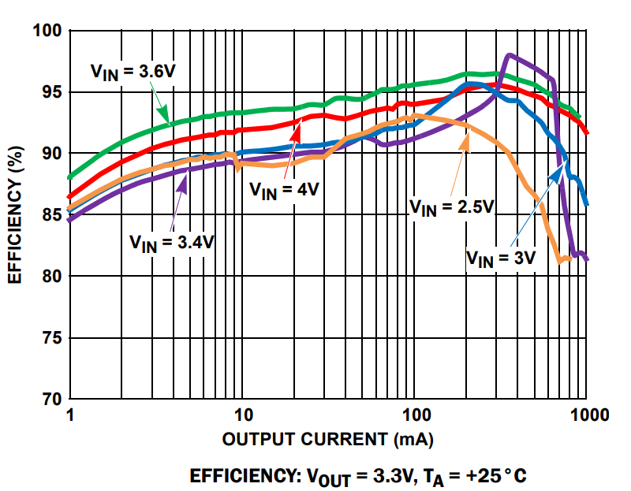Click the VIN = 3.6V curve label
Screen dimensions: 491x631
click(133, 72)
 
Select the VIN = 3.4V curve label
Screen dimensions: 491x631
click(172, 242)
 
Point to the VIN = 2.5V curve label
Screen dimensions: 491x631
click(451, 206)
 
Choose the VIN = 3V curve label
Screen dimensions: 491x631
click(501, 258)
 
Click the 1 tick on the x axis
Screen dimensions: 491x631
click(70, 415)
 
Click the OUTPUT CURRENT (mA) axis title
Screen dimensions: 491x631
click(328, 438)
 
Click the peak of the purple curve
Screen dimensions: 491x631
click(510, 55)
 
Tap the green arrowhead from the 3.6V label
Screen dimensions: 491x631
click(168, 123)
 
